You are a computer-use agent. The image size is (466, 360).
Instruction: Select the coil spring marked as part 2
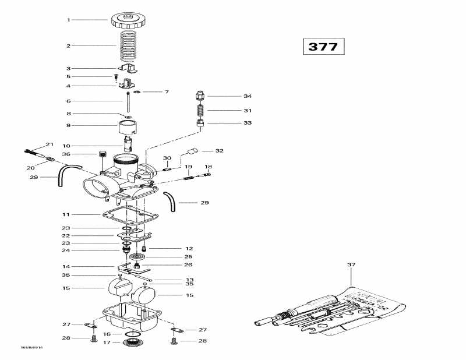coord(127,45)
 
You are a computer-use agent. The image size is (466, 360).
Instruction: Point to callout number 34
coord(248,96)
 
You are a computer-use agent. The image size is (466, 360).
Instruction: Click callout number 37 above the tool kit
coord(351,265)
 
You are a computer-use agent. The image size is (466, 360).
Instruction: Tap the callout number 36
coord(66,154)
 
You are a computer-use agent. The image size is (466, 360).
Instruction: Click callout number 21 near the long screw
coord(50,144)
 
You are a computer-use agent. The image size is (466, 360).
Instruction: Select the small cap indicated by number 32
coord(192,151)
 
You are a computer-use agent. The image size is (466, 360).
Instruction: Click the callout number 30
coord(167,158)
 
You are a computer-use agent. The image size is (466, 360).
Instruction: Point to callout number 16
coord(107,334)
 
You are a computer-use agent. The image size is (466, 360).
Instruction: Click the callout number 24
coord(66,250)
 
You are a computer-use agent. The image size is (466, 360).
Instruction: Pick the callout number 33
coord(248,123)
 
